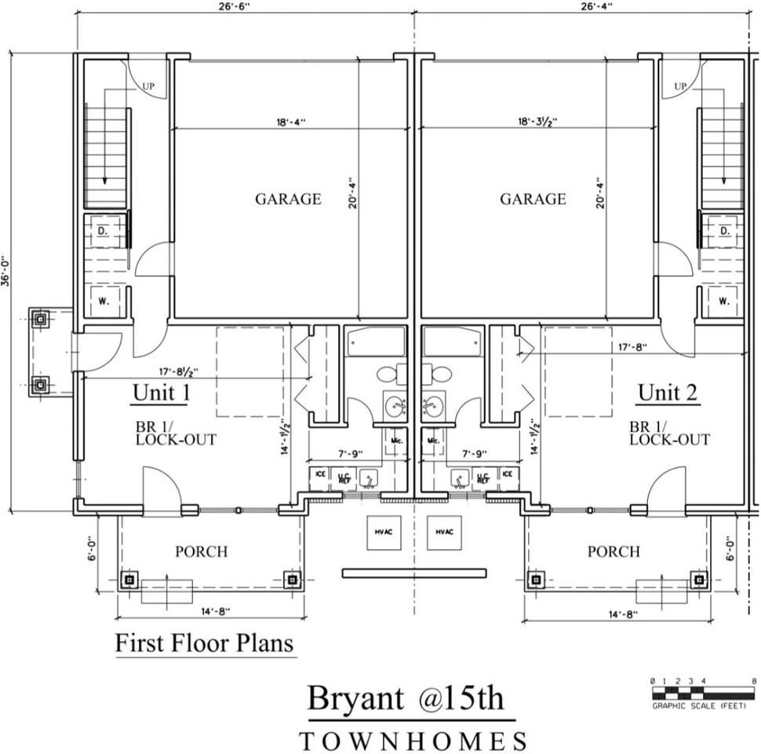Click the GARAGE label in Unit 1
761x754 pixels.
pos(288,199)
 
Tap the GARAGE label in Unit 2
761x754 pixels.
pos(533,199)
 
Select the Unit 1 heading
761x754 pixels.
pos(161,392)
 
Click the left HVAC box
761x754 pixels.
pos(383,533)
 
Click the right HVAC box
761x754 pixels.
pos(444,533)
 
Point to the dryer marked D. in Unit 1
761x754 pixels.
pos(104,231)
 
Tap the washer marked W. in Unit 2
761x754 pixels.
pos(723,300)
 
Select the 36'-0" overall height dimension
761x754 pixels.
pos(6,271)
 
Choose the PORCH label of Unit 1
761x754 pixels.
pos(201,552)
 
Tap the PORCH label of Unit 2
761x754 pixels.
pos(614,552)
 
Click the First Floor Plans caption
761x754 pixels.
pos(204,643)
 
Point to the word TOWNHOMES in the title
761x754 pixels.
pos(413,740)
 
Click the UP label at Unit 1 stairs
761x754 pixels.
pos(148,86)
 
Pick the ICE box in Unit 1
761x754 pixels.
pos(320,474)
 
